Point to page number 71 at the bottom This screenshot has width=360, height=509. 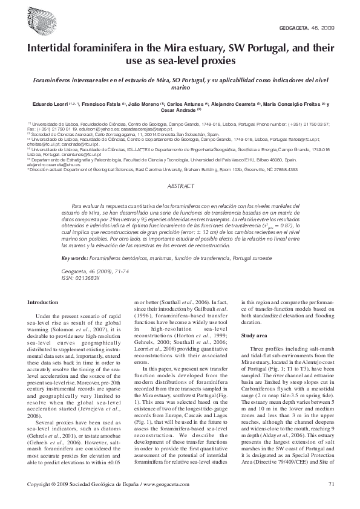[x=331, y=483]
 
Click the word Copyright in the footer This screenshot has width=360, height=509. [x=41, y=483]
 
